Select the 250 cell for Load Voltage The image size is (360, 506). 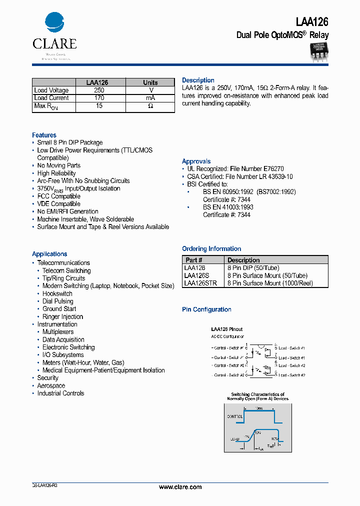click(99, 90)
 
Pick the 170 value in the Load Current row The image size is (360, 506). click(99, 98)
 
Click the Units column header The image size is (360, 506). click(150, 82)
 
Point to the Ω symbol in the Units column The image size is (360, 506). click(150, 106)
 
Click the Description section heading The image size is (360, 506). click(198, 80)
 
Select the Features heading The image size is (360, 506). click(44, 135)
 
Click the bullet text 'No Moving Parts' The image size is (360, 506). click(58, 165)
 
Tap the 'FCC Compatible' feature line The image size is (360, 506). click(58, 196)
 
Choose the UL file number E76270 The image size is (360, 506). click(273, 169)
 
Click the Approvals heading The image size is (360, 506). click(196, 161)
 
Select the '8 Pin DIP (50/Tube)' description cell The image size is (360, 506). click(253, 268)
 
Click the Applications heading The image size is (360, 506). click(49, 254)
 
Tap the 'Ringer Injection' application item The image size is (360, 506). click(62, 316)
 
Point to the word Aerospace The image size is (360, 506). click(51, 385)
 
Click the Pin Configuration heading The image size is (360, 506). click(206, 309)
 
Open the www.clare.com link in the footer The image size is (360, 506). click(180, 487)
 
